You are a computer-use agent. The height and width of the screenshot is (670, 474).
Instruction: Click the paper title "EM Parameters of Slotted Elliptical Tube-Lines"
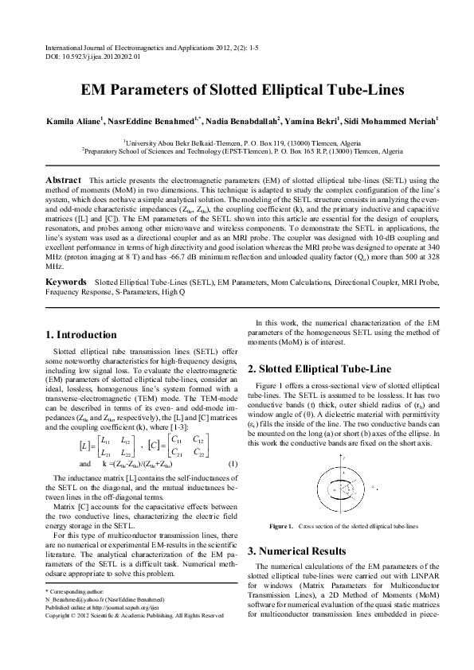237,91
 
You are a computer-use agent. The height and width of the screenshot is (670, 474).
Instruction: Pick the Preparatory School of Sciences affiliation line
237,149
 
